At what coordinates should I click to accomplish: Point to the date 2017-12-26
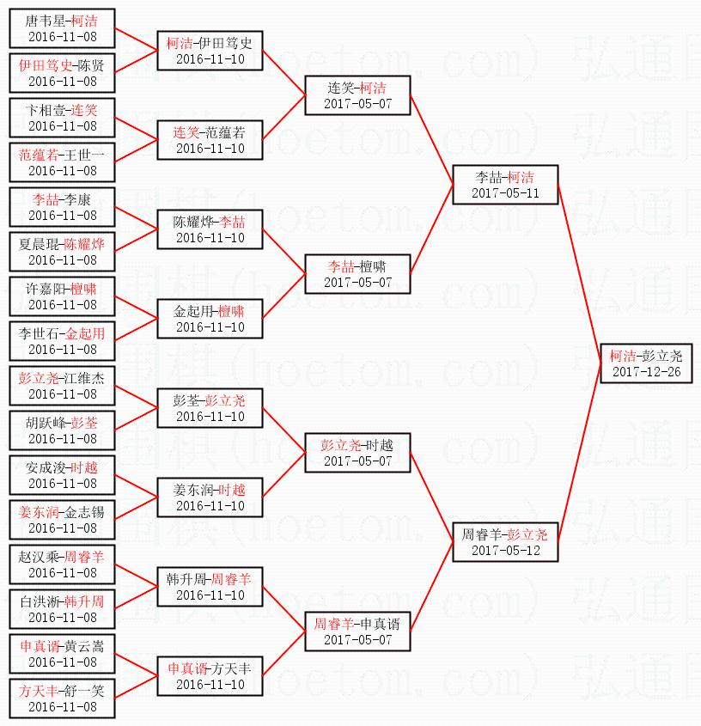(647, 372)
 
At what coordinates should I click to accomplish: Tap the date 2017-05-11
(506, 193)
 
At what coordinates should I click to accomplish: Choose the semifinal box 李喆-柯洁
(506, 185)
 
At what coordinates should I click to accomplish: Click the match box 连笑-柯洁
(357, 95)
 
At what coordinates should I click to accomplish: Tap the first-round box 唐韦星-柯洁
(62, 28)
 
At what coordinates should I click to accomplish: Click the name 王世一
(87, 155)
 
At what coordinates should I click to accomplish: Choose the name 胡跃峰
(46, 423)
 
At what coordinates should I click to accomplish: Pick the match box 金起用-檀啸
(210, 319)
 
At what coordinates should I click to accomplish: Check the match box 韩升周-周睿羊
(210, 587)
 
